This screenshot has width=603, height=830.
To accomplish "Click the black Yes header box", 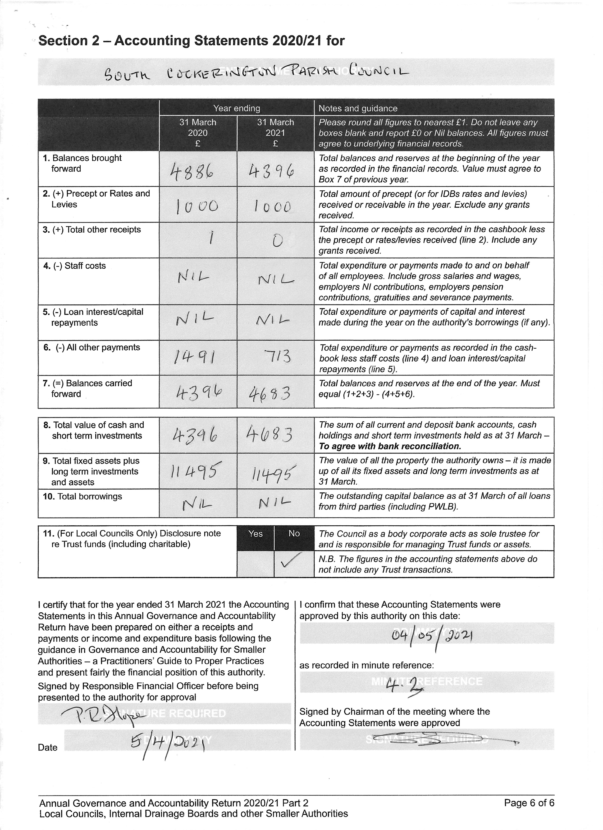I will [255, 534].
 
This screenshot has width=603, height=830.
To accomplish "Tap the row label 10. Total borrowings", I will [82, 497].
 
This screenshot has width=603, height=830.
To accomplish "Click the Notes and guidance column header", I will [358, 108].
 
